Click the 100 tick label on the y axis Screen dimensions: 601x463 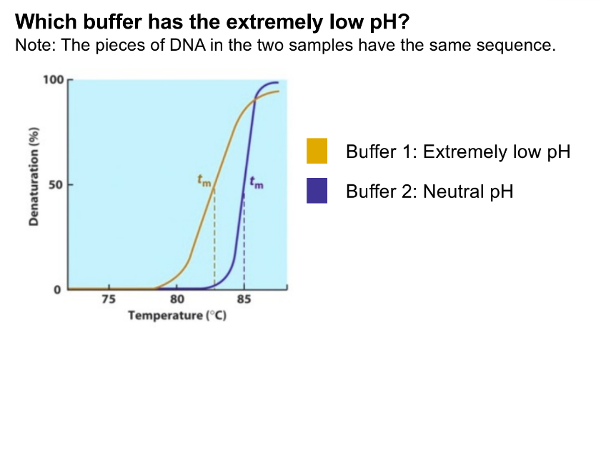pos(53,80)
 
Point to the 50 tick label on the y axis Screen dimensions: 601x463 pos(55,185)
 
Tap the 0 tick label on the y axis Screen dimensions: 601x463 pos(57,290)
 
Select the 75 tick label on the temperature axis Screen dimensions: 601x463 pos(109,299)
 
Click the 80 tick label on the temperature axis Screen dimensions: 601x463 pos(177,299)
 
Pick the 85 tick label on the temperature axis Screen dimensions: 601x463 pos(244,299)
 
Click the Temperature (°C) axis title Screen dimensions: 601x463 pos(177,315)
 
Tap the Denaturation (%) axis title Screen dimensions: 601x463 pos(34,176)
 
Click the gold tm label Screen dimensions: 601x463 pos(204,181)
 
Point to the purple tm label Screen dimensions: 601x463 pos(257,182)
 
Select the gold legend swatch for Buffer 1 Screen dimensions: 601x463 pos(317,151)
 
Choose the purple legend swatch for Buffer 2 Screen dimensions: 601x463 pos(317,191)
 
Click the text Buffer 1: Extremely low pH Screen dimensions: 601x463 pos(458,152)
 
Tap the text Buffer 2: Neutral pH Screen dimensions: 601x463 pos(429,191)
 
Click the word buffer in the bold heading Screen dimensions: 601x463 pos(112,22)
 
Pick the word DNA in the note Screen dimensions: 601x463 pos(187,45)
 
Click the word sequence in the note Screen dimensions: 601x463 pos(516,46)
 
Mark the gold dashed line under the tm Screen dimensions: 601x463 pos(214,238)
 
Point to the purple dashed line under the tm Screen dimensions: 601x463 pos(244,241)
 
